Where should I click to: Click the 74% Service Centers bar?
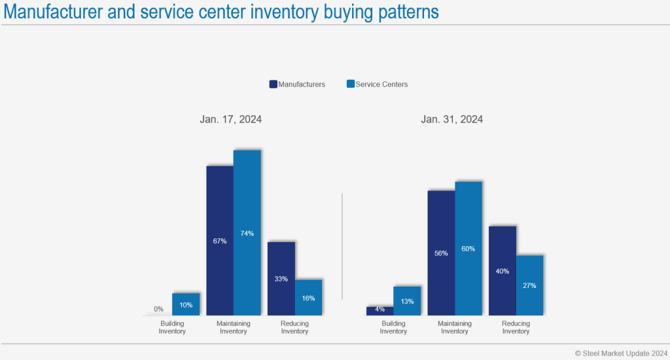point(247,233)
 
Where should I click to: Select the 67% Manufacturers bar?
point(220,241)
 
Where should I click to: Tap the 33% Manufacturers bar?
point(281,279)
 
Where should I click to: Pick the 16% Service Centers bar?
point(308,298)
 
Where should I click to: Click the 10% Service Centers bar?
point(186,304)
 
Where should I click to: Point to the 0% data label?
point(158,309)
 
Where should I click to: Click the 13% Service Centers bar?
point(407,301)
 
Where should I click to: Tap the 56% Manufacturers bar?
point(441,253)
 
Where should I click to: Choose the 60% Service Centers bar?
point(468,249)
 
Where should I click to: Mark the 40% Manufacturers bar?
point(502,271)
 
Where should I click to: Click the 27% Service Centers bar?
point(530,285)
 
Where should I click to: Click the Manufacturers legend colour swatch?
point(273,84)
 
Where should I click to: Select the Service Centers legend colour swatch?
point(351,84)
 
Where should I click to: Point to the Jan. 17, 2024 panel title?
point(231,120)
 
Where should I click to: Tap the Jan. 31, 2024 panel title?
point(452,120)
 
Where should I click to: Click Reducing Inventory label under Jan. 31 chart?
point(516,327)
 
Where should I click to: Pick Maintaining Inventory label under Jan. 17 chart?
point(234,327)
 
